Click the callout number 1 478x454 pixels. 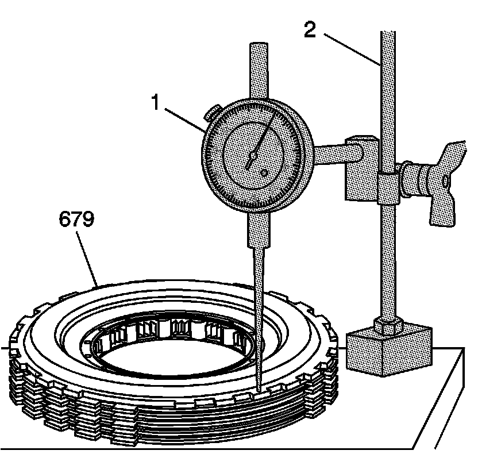click(x=155, y=103)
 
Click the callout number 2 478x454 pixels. click(x=310, y=30)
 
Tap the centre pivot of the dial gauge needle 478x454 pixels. click(x=252, y=155)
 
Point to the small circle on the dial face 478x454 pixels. click(x=264, y=172)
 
